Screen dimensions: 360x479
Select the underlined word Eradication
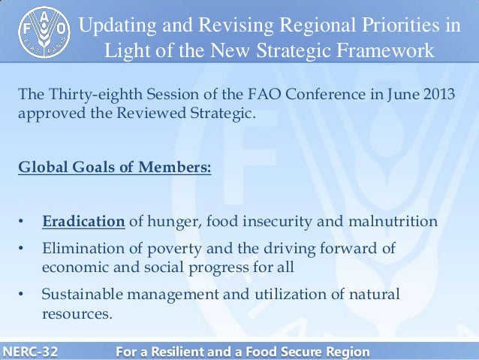pos(83,222)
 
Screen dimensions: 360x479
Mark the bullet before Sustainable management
pos(23,295)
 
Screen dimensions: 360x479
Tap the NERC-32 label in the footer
pos(32,351)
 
